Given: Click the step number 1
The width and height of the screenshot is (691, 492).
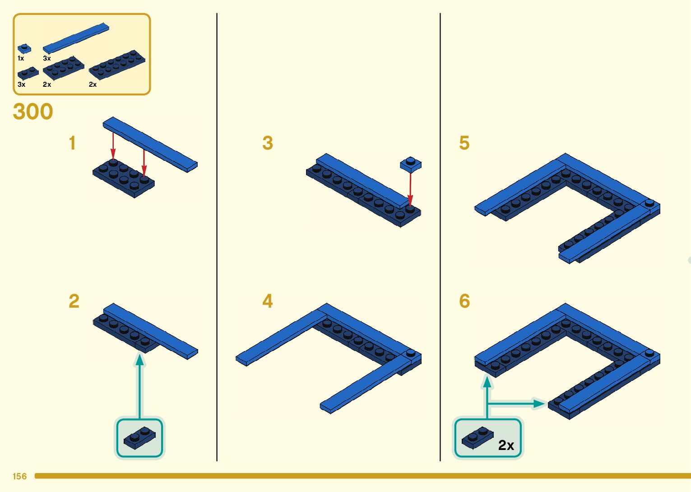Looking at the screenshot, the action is click(x=72, y=143).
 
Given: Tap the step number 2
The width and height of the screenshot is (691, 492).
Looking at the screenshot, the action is click(x=74, y=301).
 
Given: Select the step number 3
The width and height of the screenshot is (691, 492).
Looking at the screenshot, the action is click(x=268, y=143).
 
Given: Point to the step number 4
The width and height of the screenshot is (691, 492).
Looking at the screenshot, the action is click(x=268, y=301).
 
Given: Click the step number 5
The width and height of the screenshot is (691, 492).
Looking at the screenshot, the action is click(x=464, y=143).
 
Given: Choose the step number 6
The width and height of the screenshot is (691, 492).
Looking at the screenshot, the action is click(x=464, y=301).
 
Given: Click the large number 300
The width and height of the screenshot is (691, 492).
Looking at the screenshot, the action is click(x=33, y=112).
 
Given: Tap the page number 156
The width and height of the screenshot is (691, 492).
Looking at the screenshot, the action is click(x=20, y=476).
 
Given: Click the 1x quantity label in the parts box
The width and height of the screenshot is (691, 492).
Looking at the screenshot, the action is click(x=21, y=59).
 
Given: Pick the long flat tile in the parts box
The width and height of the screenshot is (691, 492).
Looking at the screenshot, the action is click(x=76, y=38).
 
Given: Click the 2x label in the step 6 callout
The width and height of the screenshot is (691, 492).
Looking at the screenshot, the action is click(x=506, y=445).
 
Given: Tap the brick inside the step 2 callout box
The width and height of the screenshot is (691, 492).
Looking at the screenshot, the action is click(x=139, y=437).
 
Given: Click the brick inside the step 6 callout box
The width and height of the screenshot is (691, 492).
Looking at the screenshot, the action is click(x=478, y=437).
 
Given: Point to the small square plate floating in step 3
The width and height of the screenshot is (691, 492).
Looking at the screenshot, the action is click(x=411, y=164).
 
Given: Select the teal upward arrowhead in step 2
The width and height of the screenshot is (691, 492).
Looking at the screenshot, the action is click(x=140, y=360).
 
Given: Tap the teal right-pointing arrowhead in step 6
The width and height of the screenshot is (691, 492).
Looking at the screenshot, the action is click(x=539, y=403).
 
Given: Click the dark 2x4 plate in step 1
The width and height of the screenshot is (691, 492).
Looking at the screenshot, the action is click(x=124, y=177).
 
